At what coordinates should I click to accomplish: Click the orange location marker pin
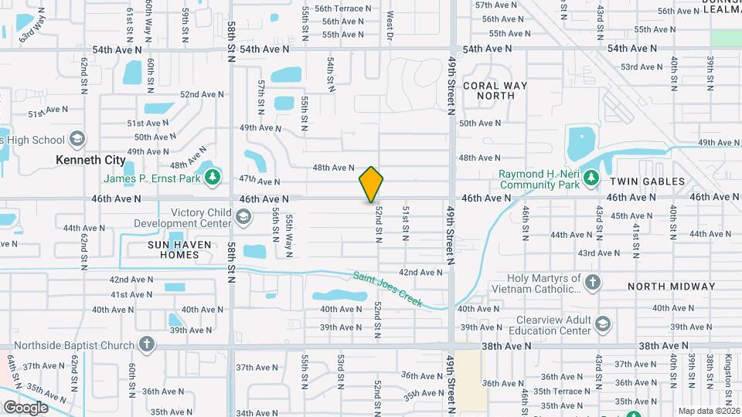371,185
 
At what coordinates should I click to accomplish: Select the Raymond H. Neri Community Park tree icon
592,178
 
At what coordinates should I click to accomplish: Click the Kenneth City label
90,160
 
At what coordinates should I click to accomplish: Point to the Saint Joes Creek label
388,289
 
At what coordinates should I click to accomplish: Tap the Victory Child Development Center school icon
243,218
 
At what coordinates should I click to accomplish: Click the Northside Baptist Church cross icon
147,344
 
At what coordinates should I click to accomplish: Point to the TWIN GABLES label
648,181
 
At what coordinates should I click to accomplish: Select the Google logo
25,407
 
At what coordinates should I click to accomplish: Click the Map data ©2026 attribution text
709,410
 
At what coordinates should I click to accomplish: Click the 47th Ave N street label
259,181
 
